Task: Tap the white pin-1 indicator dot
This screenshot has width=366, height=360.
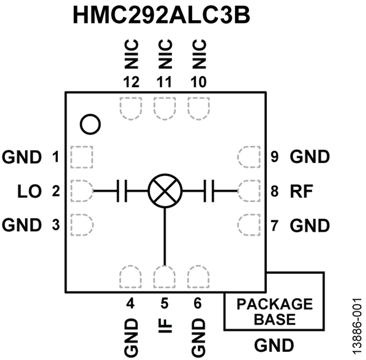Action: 90,124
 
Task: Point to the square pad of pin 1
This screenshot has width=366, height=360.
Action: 82,157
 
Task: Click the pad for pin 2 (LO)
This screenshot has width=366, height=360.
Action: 82,190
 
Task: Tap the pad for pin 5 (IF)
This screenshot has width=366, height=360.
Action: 164,277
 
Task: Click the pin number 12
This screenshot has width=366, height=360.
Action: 131,82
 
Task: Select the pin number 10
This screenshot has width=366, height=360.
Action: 198,82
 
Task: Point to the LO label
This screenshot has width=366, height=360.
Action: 30,191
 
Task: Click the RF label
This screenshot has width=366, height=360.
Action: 301,191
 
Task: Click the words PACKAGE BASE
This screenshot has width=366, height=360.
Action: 275,311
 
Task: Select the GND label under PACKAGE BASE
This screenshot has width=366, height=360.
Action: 274,346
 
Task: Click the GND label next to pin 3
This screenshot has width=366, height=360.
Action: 22,225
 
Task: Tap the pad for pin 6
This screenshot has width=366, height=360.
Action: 198,277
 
